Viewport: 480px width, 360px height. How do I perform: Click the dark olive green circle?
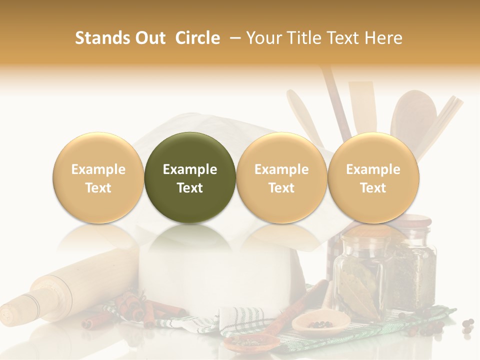click(x=190, y=177)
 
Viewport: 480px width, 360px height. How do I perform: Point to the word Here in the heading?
click(x=383, y=38)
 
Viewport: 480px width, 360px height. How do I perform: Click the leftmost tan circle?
click(x=98, y=177)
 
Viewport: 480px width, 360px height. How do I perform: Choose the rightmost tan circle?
click(x=373, y=177)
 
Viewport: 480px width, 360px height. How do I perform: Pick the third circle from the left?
click(x=281, y=177)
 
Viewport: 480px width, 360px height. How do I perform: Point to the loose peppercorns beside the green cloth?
click(x=467, y=325)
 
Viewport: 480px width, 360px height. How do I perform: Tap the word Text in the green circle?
click(x=190, y=188)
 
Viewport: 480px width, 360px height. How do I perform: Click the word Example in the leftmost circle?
click(x=98, y=169)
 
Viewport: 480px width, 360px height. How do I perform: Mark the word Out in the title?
click(x=148, y=38)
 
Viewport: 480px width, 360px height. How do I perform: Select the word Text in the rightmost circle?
click(x=373, y=188)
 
